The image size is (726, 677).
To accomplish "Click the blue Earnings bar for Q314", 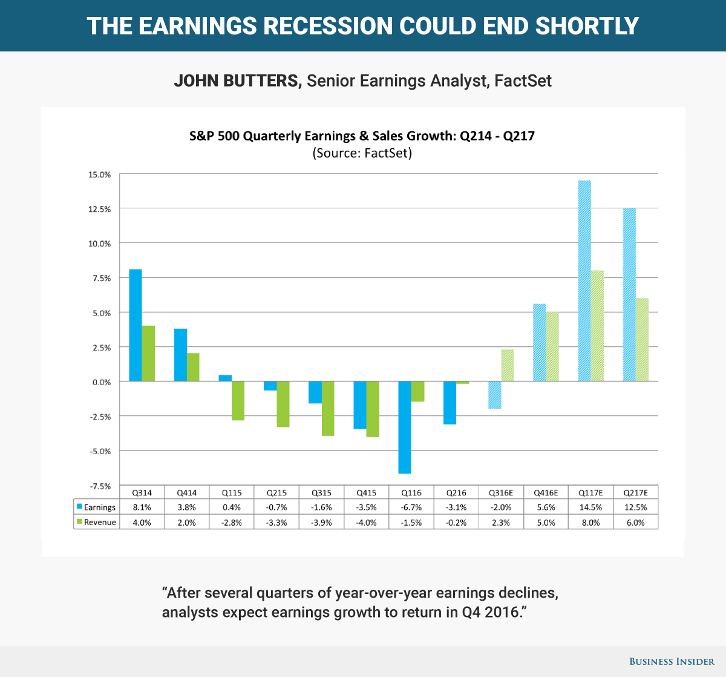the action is [136, 325].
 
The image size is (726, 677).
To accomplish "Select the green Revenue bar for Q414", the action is [193, 367].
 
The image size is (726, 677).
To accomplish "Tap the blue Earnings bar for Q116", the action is [405, 428].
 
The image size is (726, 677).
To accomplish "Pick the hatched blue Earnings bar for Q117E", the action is [584, 281].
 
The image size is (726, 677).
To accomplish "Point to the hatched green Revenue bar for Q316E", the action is [508, 365].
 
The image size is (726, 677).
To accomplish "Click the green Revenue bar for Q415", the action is [373, 409].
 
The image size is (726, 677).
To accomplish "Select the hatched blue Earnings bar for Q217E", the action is [629, 294].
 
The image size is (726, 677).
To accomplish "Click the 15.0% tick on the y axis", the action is [99, 174].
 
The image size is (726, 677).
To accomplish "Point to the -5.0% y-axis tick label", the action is [100, 451].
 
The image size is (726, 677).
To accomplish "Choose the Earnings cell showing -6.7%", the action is [411, 507].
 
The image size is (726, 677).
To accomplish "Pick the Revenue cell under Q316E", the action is [501, 522].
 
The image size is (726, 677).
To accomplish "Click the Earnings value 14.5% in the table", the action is [590, 507].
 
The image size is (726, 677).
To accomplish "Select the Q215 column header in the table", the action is [276, 492].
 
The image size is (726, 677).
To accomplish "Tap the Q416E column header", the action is [546, 492].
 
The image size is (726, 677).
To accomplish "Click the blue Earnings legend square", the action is [79, 506].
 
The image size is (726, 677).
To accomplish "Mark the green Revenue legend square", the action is [79, 521].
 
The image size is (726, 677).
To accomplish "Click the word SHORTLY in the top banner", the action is [587, 25].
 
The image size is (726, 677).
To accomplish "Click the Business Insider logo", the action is [672, 661].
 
